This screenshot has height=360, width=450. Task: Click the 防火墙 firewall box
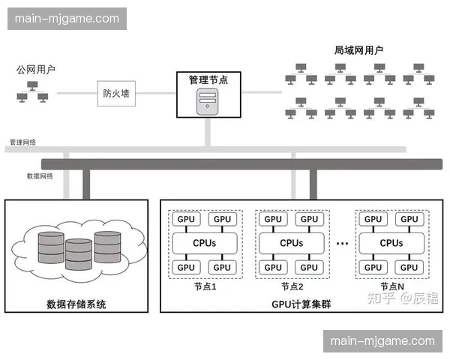[x=116, y=94]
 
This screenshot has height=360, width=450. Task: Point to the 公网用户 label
[x=35, y=70]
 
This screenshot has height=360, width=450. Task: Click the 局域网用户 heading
[x=358, y=50]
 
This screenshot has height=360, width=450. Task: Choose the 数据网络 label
[x=40, y=175]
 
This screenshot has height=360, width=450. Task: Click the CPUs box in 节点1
[x=205, y=243]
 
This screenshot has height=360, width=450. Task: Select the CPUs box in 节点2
[x=291, y=243]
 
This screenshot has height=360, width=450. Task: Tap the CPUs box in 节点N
[x=391, y=243]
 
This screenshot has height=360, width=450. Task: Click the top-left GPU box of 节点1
[x=186, y=220]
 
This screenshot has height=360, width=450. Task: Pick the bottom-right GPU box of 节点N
[x=409, y=267]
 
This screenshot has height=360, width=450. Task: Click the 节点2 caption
[x=292, y=286]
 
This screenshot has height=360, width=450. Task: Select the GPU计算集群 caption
[x=295, y=304]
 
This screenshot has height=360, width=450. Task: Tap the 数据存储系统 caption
[x=76, y=304]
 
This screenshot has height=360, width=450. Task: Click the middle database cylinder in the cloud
[x=79, y=254]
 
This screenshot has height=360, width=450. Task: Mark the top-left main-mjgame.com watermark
[x=68, y=18]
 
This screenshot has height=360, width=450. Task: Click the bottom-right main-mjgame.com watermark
[x=382, y=341]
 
